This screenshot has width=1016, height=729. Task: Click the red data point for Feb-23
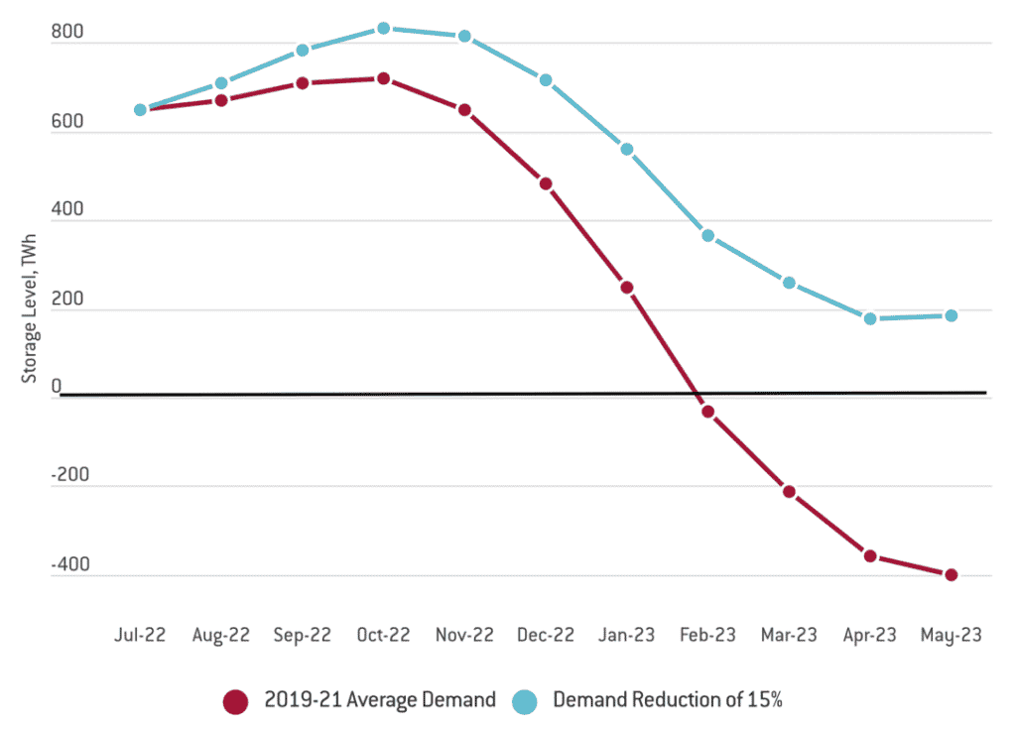[x=707, y=411]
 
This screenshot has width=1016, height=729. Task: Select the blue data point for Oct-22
[x=383, y=28]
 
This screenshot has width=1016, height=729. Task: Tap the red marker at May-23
[x=951, y=574]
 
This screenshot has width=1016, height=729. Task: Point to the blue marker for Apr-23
[x=870, y=318]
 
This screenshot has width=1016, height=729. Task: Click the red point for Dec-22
[x=545, y=183]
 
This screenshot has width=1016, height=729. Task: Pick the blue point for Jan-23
[x=626, y=149]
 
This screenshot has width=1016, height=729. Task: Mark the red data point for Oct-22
[x=383, y=77]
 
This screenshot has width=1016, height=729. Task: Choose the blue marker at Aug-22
[x=221, y=83]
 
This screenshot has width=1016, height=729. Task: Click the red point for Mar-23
[x=789, y=491]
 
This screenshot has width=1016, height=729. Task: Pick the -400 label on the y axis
[x=71, y=565]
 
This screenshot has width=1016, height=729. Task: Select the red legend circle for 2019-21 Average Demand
[x=235, y=700]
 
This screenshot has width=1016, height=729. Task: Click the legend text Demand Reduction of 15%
[x=668, y=700]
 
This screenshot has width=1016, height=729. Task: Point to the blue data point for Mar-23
[x=789, y=283]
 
